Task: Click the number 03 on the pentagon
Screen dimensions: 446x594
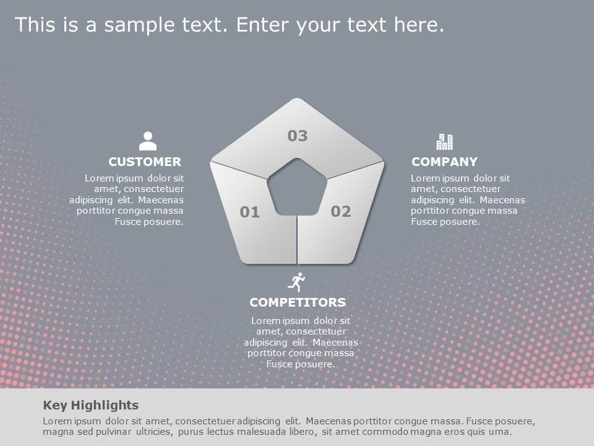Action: [298, 136]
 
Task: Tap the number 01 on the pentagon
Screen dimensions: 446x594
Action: [250, 213]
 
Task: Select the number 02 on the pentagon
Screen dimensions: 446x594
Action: [341, 212]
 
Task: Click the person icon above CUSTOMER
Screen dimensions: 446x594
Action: [148, 141]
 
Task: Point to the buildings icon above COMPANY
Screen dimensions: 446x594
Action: [444, 142]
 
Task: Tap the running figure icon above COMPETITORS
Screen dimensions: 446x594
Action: [297, 282]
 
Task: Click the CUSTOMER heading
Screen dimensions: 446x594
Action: [145, 162]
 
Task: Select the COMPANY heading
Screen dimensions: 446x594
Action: [444, 162]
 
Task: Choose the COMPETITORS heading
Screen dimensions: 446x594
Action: [298, 303]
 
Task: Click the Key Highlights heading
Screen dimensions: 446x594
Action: [91, 406]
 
